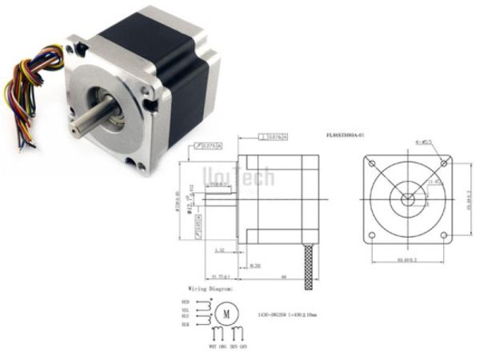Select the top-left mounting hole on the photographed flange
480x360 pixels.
coord(73,49)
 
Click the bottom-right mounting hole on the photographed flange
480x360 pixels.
coord(141,166)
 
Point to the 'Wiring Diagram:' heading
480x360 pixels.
coord(210,286)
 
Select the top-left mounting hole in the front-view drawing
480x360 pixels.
coord(371,162)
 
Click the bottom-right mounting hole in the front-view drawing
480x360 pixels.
coord(443,234)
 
